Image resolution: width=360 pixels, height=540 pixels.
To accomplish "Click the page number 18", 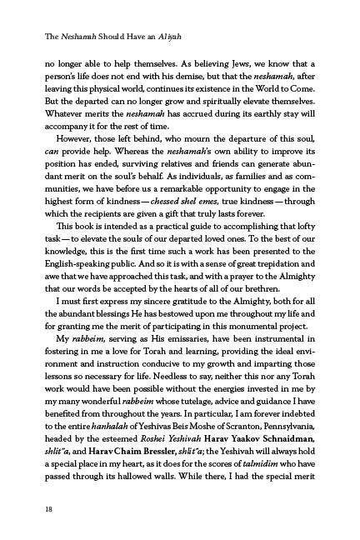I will click(x=31, y=507).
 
